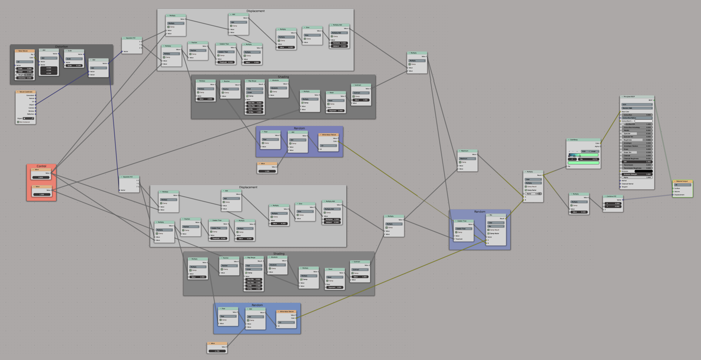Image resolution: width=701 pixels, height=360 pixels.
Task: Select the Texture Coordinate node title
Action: (x=26, y=92)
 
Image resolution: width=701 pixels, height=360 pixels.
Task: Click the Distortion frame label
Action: (x=62, y=46)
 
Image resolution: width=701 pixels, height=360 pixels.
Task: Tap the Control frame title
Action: (x=41, y=166)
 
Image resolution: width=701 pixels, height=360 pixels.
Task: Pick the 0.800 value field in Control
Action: (x=41, y=177)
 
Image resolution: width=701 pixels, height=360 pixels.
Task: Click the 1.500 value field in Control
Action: (x=42, y=195)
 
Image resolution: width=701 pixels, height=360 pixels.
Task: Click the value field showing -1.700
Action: (x=217, y=351)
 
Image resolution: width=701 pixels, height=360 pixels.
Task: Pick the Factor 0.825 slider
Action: (x=533, y=194)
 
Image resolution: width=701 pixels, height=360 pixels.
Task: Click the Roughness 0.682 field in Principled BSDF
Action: (x=637, y=140)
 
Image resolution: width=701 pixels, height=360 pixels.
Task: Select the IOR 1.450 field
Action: (x=637, y=162)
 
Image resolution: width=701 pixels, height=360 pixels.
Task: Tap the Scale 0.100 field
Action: (x=74, y=66)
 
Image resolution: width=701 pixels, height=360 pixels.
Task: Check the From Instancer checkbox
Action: (x=18, y=122)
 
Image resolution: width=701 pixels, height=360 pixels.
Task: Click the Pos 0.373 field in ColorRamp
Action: (x=589, y=159)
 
